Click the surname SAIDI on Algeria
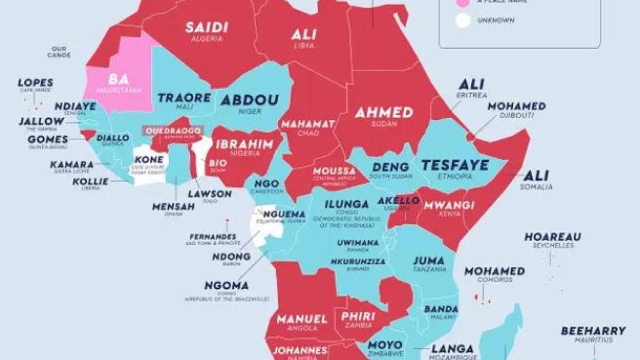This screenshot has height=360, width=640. (x=206, y=27)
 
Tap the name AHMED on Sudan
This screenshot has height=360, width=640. (x=384, y=112)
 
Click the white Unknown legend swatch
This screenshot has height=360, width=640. (x=462, y=20)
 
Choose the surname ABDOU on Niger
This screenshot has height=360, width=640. (x=249, y=101)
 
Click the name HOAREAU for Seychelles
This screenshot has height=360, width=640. (x=552, y=237)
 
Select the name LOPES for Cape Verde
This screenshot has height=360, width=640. (x=36, y=82)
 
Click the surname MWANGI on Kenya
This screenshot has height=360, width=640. (x=449, y=205)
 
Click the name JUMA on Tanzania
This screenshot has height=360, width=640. (x=428, y=261)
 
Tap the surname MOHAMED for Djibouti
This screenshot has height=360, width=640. (x=516, y=106)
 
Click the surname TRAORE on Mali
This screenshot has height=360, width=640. (x=184, y=98)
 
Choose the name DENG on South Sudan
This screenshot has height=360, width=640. (x=391, y=167)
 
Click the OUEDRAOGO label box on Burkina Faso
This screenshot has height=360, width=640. (x=174, y=131)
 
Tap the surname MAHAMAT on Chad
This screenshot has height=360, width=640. (x=307, y=124)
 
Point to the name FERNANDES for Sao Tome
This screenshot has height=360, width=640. (x=213, y=237)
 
